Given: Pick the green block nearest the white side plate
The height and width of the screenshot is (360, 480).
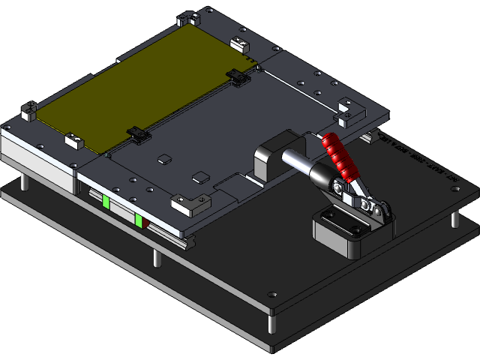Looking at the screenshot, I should coord(106,202).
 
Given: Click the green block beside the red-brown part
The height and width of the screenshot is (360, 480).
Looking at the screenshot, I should coord(139,220).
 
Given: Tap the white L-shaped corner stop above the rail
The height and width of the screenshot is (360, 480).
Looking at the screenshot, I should coord(182,203).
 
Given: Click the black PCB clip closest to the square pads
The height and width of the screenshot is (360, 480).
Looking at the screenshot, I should coord(138,134).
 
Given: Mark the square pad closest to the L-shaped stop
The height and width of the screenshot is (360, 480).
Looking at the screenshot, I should coord(199,178).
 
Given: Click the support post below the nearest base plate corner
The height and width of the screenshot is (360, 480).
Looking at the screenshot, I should coord(271,325).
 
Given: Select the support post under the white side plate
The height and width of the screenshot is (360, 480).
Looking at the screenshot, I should coord(26,183).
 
